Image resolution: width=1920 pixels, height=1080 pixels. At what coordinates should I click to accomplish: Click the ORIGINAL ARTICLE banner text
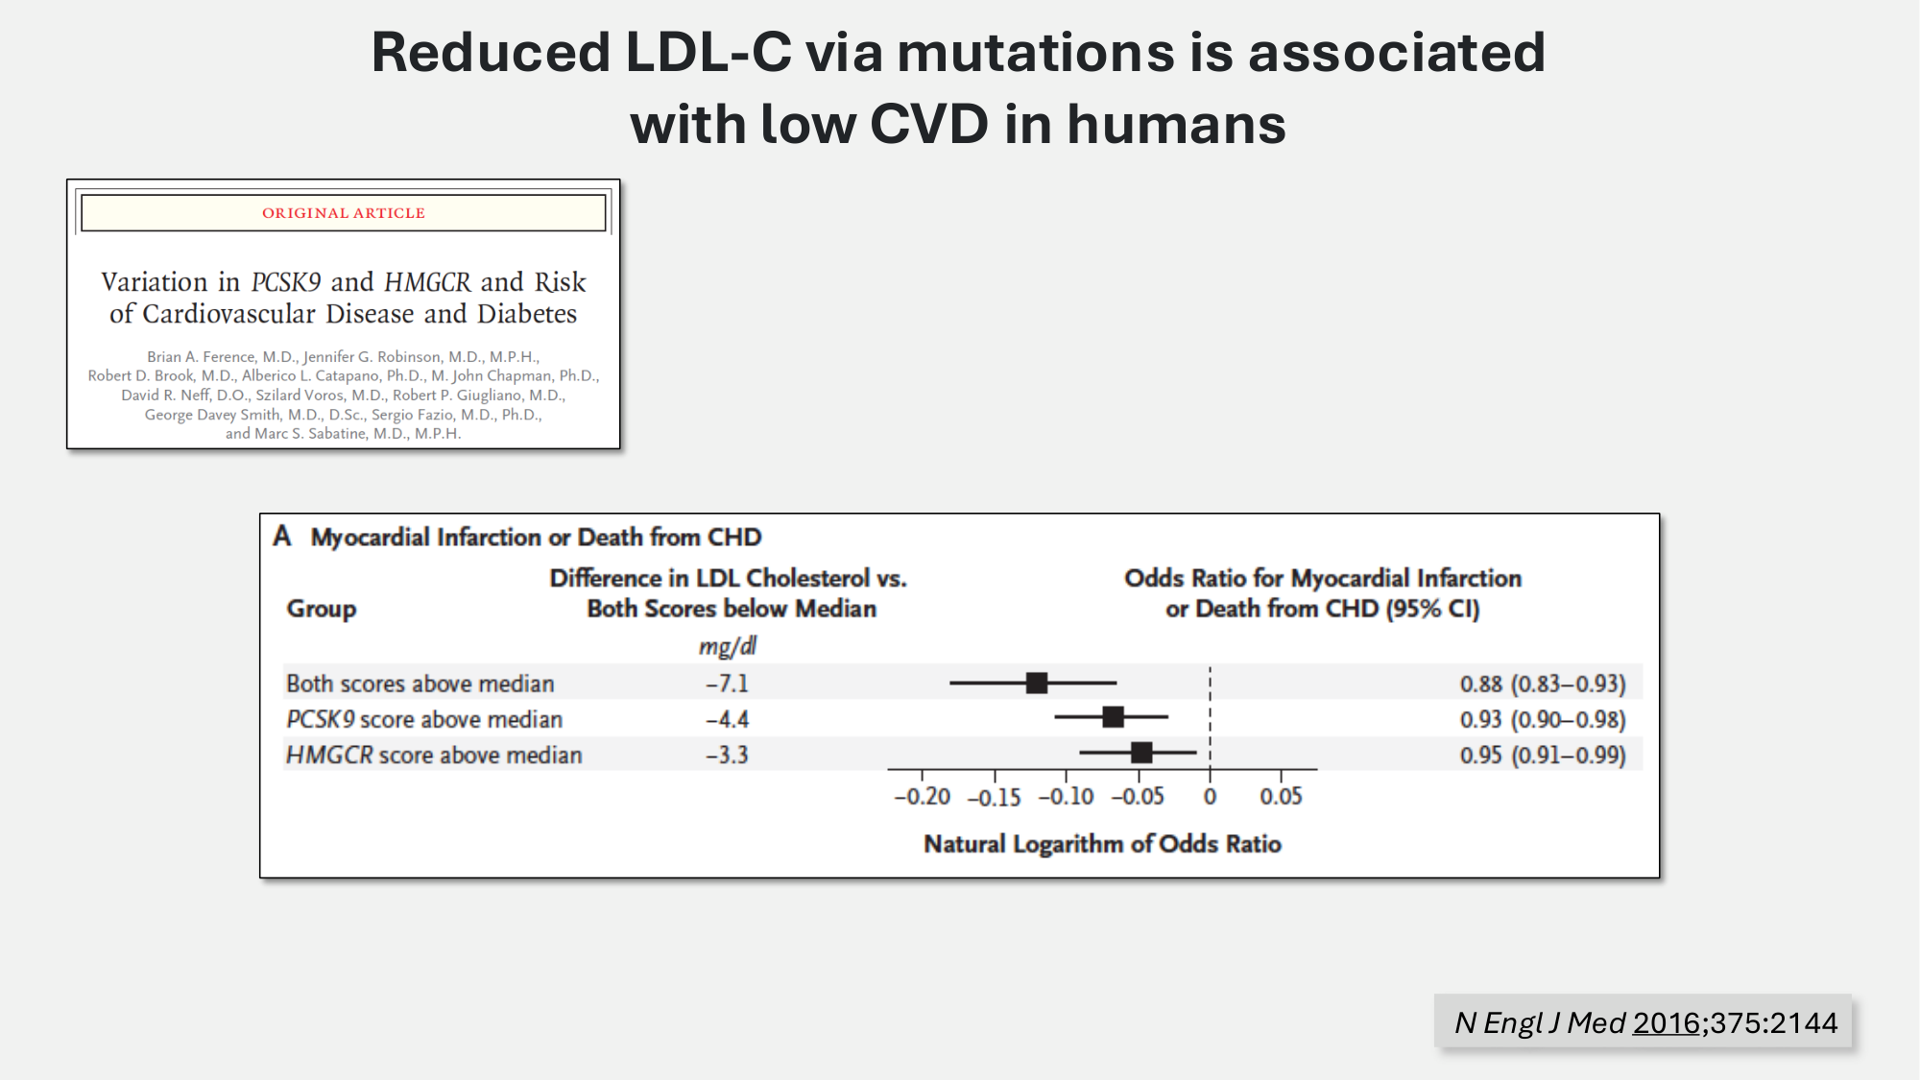pos(343,213)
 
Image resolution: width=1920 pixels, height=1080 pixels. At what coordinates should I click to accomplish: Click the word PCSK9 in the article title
pos(285,282)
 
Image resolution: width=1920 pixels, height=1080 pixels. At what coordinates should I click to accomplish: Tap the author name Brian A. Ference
pos(201,357)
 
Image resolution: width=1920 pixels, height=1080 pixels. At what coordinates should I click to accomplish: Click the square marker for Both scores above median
pos(1037,683)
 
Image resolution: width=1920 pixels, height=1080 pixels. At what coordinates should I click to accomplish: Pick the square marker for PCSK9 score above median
pos(1113,717)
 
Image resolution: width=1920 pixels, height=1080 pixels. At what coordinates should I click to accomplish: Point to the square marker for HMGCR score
pos(1140,753)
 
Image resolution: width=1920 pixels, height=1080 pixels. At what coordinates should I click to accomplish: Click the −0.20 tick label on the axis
pos(922,797)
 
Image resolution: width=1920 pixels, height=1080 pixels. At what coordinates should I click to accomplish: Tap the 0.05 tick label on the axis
pos(1281,797)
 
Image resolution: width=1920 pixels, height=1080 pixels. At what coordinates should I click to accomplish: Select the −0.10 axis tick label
pos(1066,797)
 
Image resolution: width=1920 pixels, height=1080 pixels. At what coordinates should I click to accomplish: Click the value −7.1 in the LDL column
pos(727,684)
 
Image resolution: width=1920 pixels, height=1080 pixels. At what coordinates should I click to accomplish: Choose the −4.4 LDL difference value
pos(727,719)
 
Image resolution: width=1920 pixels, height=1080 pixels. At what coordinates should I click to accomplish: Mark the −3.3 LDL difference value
pos(727,755)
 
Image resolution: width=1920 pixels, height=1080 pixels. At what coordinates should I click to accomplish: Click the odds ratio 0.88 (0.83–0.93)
pos(1542,684)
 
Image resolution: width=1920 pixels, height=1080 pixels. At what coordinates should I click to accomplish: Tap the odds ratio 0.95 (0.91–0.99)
pos(1542,755)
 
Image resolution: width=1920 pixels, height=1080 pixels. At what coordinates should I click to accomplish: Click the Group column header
pos(321,609)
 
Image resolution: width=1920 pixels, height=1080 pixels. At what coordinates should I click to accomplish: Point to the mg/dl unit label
pos(727,646)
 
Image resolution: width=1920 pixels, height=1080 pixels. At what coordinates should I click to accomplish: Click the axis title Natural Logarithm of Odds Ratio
pos(1102,844)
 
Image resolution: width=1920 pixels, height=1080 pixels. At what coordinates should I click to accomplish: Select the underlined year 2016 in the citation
pos(1666,1023)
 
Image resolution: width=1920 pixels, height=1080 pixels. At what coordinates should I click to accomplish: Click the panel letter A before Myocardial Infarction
pos(281,536)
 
